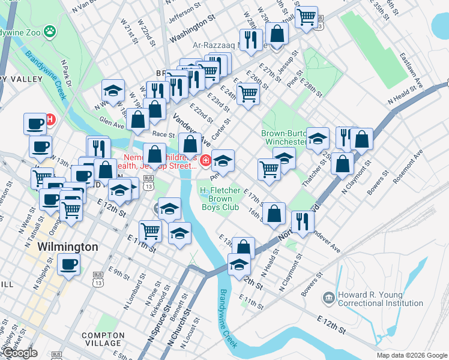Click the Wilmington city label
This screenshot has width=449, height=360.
67,247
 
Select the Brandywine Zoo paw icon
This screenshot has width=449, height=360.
52,29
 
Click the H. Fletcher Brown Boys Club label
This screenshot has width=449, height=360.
220,199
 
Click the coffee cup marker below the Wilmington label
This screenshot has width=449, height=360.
68,265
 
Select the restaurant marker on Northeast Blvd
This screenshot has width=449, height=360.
303,222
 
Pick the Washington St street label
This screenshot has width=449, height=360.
192,29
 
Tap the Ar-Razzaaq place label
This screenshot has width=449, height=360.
219,44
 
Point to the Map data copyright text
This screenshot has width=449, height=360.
411,355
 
